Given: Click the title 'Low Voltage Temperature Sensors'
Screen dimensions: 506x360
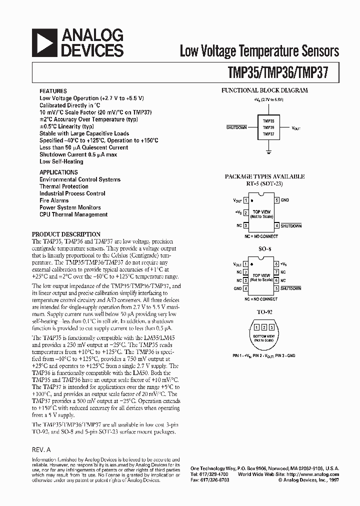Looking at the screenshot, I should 259,51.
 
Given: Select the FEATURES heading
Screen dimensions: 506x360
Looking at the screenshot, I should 53,91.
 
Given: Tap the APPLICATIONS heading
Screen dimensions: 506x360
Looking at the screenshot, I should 58,172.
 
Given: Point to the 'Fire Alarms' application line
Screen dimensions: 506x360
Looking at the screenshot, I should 54,200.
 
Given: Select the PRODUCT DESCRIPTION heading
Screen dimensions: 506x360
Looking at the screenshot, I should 66,234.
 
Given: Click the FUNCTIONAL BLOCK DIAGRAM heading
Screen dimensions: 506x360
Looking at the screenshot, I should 264,90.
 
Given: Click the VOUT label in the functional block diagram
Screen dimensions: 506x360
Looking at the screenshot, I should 296,128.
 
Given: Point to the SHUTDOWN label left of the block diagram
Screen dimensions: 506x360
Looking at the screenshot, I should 236,127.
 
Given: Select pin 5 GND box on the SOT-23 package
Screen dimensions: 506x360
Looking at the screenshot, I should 276,200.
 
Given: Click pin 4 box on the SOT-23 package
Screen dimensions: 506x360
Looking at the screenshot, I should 276,225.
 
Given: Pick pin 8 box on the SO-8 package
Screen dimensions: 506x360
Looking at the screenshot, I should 276,263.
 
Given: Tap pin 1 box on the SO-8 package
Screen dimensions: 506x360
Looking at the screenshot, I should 245,263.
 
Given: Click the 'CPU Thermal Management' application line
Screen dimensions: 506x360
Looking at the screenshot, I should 73,214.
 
